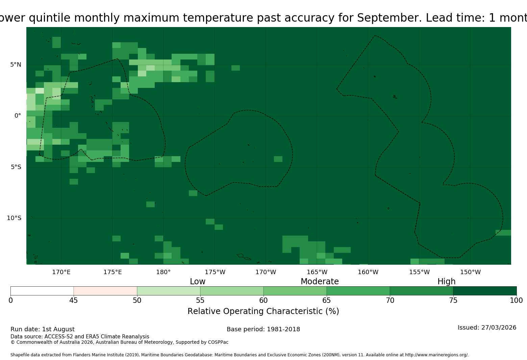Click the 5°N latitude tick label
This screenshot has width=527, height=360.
point(16,65)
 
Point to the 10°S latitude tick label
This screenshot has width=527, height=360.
point(14,218)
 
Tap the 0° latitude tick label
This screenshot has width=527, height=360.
point(18,116)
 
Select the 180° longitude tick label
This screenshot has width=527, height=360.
point(163,272)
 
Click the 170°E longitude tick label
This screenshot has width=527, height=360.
point(61,272)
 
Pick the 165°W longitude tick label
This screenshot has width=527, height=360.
point(317,272)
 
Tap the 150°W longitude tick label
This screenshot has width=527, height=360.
point(470,272)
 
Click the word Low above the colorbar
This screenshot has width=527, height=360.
point(198,281)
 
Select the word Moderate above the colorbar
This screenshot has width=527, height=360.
point(320,281)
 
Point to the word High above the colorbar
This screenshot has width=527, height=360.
point(447,282)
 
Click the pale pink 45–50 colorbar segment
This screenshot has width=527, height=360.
point(105,291)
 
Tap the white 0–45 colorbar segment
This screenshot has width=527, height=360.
point(42,291)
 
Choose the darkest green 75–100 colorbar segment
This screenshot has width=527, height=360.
point(485,291)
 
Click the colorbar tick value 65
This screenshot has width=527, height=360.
point(327,301)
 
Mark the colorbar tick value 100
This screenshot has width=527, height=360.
point(517,301)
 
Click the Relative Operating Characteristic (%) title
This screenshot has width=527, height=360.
point(263,311)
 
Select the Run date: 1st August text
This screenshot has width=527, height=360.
point(43,329)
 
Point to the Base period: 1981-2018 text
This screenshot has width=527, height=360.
point(263,329)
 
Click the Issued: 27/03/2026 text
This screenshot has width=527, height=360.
point(487,328)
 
